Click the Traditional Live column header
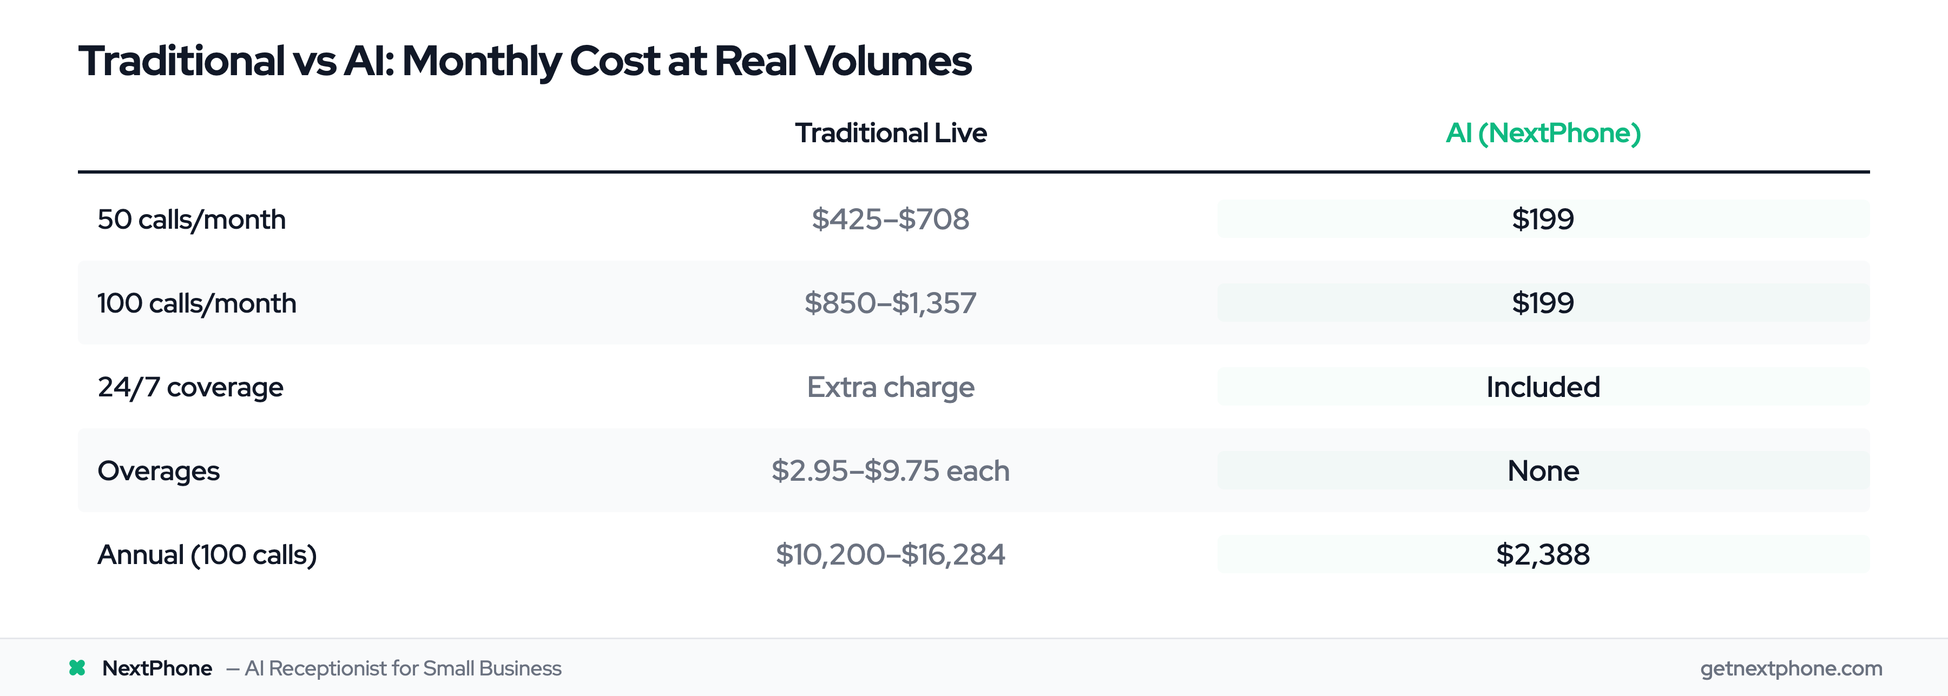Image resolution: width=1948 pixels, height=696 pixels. coord(890,133)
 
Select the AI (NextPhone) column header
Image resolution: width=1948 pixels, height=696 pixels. coord(1543,133)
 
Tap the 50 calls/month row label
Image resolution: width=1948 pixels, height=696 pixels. coord(192,219)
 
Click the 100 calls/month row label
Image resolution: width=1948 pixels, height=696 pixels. coord(196,303)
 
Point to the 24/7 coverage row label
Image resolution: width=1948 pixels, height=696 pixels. coord(190,387)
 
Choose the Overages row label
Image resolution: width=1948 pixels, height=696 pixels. coord(159,471)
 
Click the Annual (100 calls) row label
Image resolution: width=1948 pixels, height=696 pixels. coord(207,555)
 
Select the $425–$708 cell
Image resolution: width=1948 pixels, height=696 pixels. coord(890,219)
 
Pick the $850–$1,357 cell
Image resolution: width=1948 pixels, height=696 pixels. coord(890,303)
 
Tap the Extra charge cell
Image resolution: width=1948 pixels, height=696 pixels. coord(890,387)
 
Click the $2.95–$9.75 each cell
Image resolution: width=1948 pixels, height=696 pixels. coord(890,471)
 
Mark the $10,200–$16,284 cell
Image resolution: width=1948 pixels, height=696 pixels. coord(890,555)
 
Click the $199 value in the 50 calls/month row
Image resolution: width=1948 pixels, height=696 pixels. coord(1543,219)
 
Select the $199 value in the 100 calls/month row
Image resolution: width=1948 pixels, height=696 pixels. coord(1543,303)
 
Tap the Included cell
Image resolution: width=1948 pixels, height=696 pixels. coord(1543,387)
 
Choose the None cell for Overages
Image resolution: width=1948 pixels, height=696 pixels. coord(1543,471)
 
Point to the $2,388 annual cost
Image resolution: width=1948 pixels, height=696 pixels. coord(1543,555)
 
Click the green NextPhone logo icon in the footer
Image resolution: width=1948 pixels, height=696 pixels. coord(77,668)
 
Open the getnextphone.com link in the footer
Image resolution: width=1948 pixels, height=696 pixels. coord(1791,668)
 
